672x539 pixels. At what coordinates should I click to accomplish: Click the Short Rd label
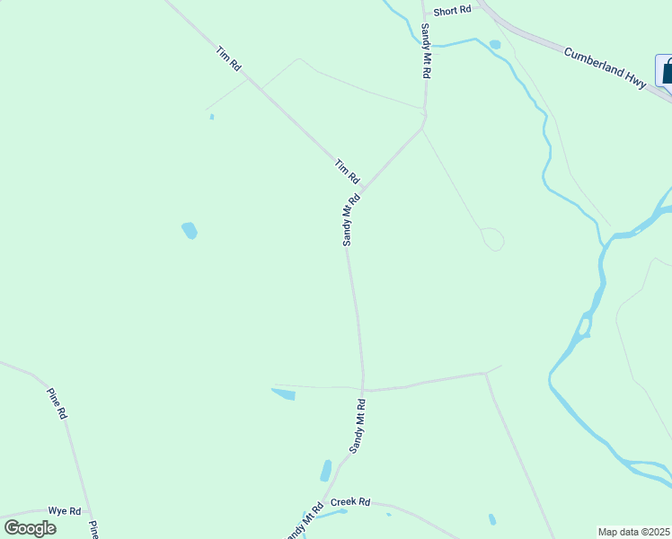pyautogui.click(x=452, y=11)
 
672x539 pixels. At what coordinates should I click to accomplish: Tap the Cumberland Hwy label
pyautogui.click(x=605, y=66)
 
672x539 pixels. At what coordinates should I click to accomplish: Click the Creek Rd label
pyautogui.click(x=350, y=502)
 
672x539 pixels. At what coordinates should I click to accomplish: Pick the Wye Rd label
pyautogui.click(x=65, y=511)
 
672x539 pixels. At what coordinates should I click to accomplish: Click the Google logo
pyautogui.click(x=31, y=528)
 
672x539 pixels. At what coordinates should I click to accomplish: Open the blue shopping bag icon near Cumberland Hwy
pyautogui.click(x=666, y=71)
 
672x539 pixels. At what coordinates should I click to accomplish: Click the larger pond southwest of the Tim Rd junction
pyautogui.click(x=189, y=231)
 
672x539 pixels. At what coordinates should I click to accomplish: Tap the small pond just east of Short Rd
pyautogui.click(x=494, y=44)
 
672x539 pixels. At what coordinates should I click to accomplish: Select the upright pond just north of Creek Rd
pyautogui.click(x=325, y=471)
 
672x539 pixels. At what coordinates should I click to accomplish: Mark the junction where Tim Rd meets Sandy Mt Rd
pyautogui.click(x=362, y=191)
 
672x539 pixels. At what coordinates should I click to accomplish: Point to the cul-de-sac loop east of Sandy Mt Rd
pyautogui.click(x=492, y=239)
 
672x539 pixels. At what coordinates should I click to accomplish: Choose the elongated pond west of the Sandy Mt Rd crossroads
pyautogui.click(x=283, y=393)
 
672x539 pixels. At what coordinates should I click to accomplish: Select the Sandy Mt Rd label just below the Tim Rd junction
pyautogui.click(x=351, y=220)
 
